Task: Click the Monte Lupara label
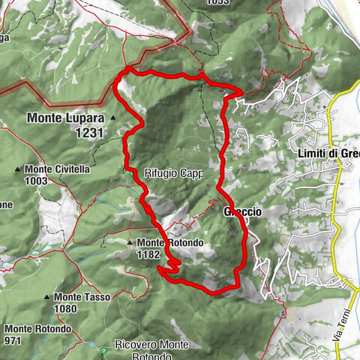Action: tap(67, 118)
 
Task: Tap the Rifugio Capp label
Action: tap(173, 173)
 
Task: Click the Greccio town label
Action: tap(242, 212)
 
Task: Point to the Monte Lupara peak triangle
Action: tap(112, 118)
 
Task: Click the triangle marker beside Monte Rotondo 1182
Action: tap(130, 243)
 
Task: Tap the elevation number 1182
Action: tap(148, 255)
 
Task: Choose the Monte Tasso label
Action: tap(82, 297)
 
